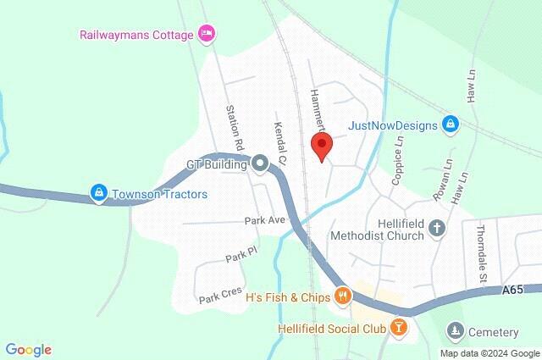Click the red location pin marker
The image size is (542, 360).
pos(321,146)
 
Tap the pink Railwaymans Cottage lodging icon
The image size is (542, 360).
pos(206,34)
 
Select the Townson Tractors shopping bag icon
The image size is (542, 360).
pos(100,194)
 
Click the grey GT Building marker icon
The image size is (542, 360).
pos(260,164)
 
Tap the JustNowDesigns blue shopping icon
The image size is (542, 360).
pos(451,125)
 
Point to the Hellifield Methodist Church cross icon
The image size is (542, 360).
pos(437,227)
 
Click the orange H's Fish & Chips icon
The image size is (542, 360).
pos(343,296)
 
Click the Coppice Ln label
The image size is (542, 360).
pos(398,161)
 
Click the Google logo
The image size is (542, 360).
pos(28,349)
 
